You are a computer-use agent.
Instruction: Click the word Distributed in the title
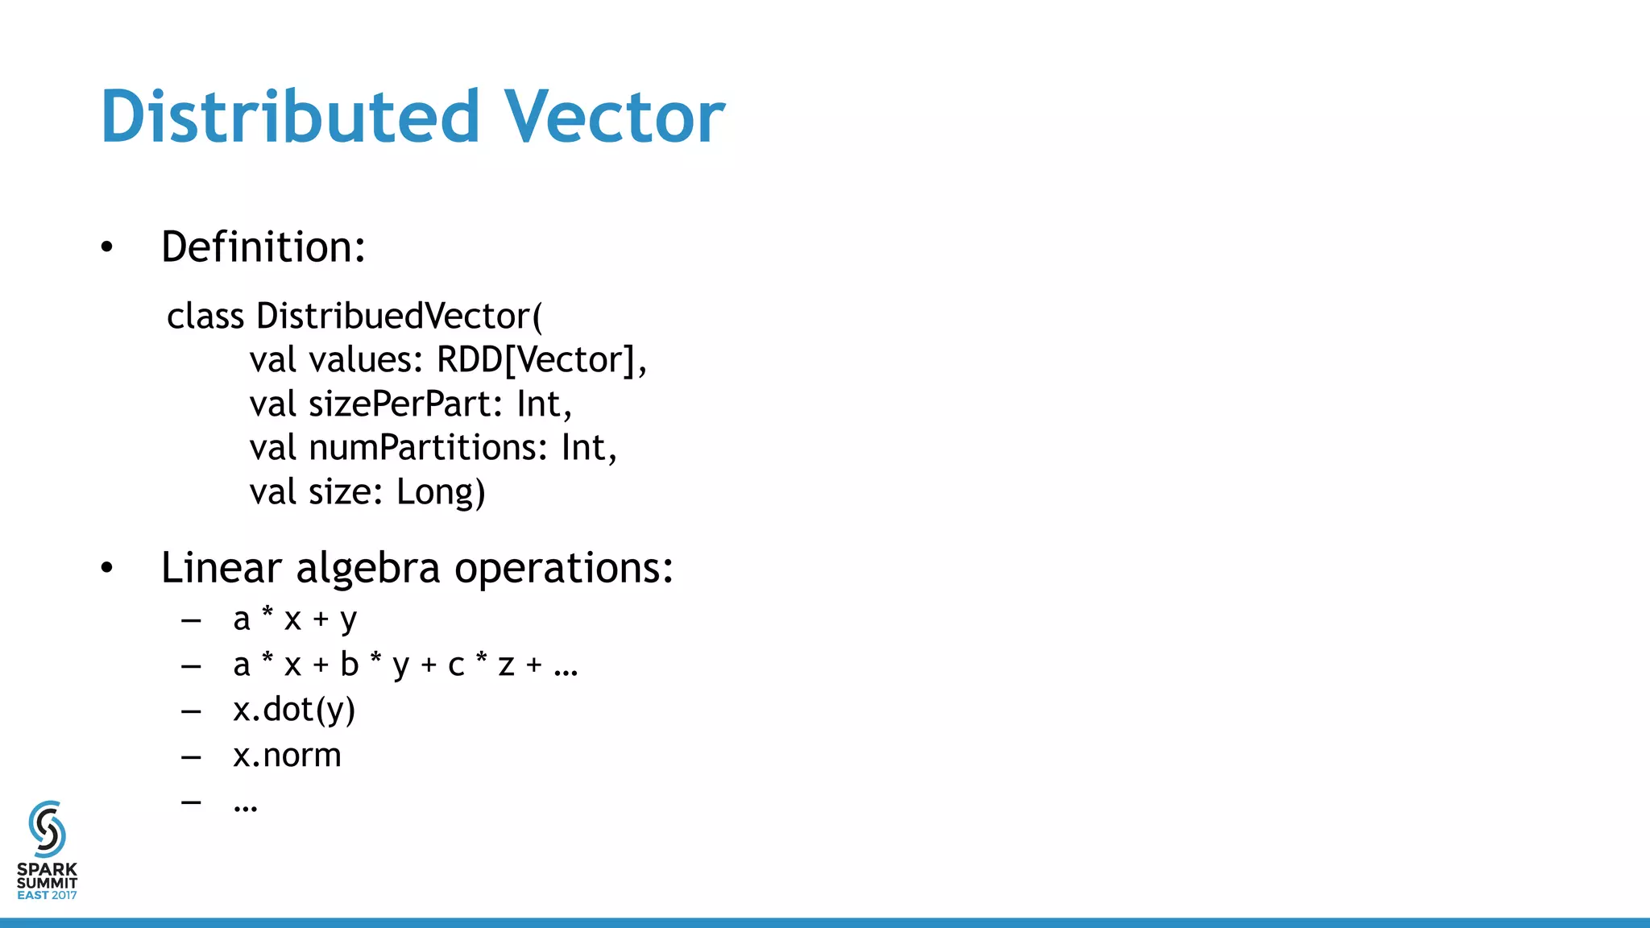[x=290, y=117]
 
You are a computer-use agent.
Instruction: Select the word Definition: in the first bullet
[x=263, y=246]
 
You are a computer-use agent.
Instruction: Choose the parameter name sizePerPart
[x=400, y=404]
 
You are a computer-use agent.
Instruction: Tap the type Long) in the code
[x=441, y=492]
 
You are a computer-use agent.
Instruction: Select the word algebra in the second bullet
[x=368, y=569]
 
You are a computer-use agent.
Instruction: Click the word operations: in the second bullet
[x=564, y=569]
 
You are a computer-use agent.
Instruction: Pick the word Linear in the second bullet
[x=221, y=569]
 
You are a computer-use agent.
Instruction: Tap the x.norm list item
[x=287, y=756]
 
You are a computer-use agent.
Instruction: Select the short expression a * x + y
[x=295, y=619]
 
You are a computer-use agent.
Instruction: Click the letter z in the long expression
[x=506, y=665]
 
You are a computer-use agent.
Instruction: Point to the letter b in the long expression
[x=349, y=665]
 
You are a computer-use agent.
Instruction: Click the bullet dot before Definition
[x=107, y=247]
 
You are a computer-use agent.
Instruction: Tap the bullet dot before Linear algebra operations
[x=107, y=569]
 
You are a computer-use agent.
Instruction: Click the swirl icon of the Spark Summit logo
[x=47, y=829]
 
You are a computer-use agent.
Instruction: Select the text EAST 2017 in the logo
[x=47, y=895]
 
